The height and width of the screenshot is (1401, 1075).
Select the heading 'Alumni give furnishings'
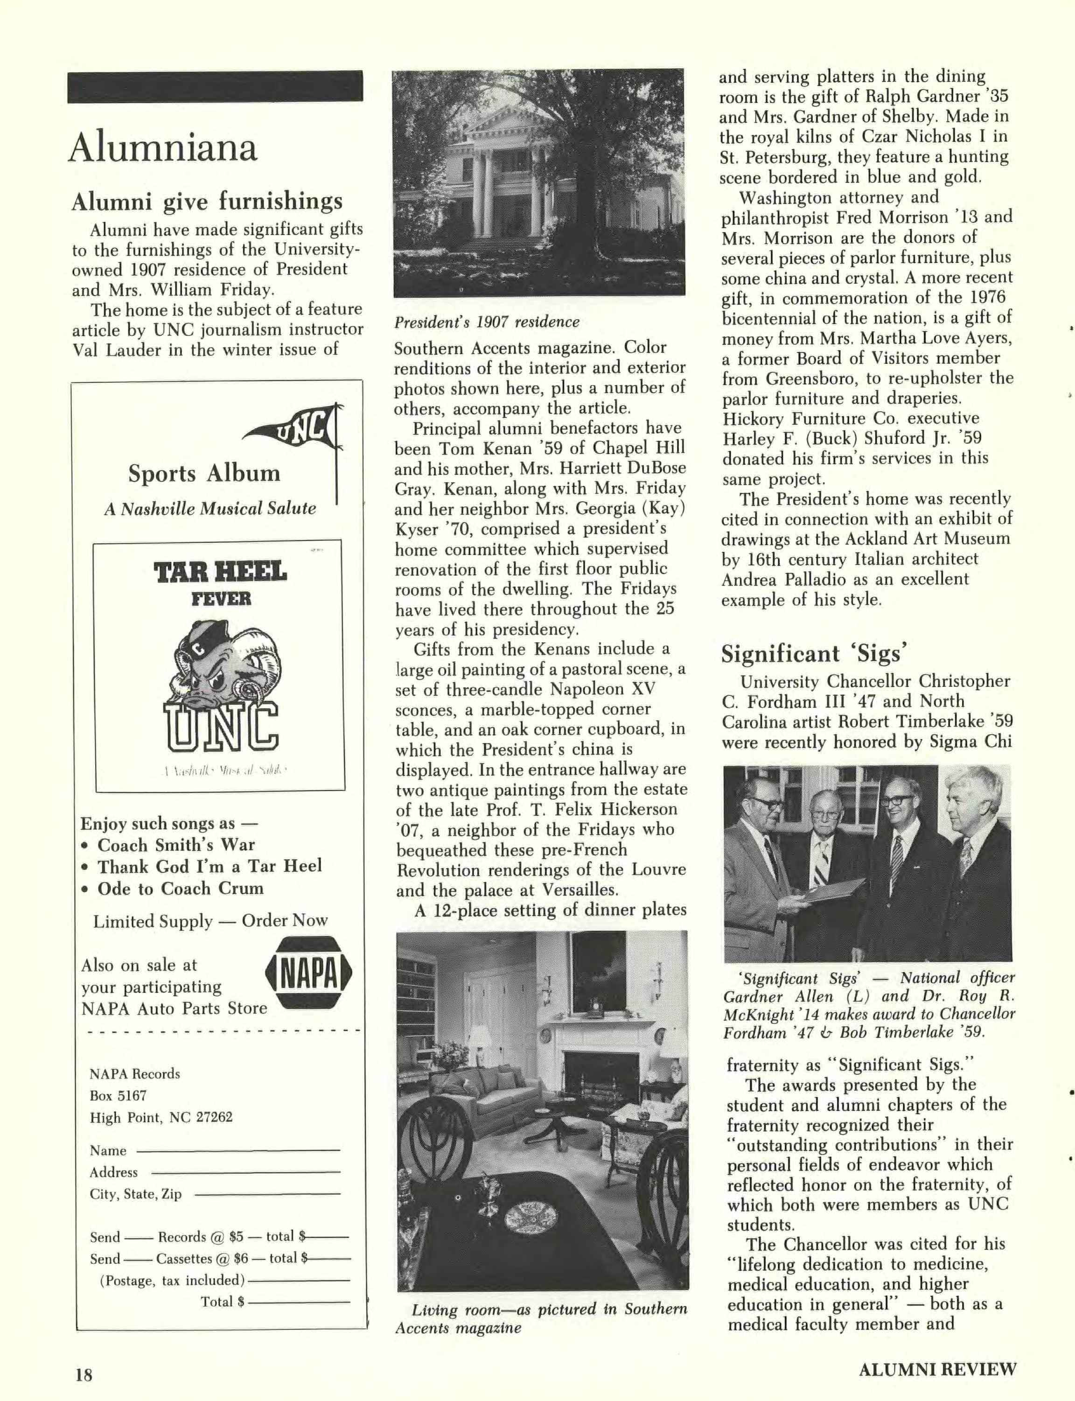click(207, 202)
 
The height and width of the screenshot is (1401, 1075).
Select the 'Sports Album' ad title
click(204, 474)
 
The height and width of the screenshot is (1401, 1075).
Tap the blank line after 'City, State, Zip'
click(266, 1194)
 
